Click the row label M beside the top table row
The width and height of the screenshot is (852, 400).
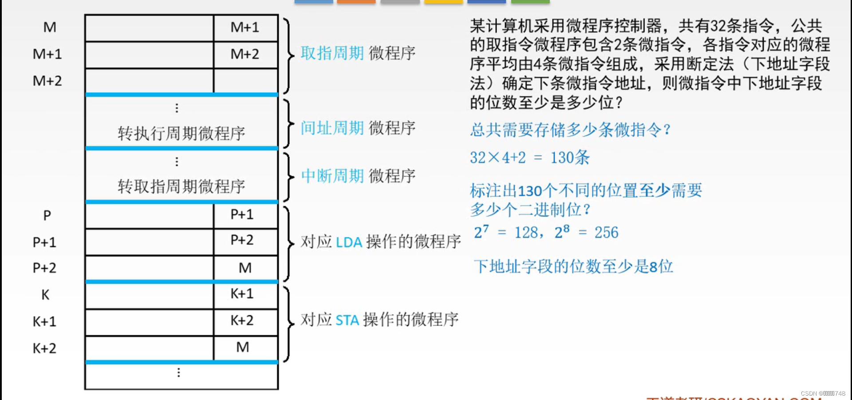point(49,27)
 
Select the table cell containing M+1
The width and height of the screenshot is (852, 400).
point(245,27)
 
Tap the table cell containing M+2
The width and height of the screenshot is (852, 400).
point(245,54)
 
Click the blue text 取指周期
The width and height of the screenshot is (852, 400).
point(332,53)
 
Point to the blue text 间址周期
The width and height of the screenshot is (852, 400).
point(332,128)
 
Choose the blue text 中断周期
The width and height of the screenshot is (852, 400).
point(332,176)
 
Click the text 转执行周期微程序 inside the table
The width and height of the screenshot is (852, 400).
point(181,133)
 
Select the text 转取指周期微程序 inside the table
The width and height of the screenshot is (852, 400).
point(181,187)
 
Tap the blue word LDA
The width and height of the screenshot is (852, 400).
point(349,243)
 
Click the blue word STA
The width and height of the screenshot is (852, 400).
point(347,320)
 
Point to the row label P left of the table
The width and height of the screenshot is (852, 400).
point(47,216)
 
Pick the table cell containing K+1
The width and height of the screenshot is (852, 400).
point(242,294)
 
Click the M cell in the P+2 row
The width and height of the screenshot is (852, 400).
point(245,268)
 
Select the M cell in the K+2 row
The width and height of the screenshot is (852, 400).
point(242,347)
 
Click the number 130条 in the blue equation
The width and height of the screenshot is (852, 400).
point(570,157)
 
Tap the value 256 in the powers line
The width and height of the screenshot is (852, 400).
point(606,232)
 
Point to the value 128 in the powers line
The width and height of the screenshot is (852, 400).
point(526,232)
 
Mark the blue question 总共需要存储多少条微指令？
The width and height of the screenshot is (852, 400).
point(570,130)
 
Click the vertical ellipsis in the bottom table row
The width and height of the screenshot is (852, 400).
point(178,373)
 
